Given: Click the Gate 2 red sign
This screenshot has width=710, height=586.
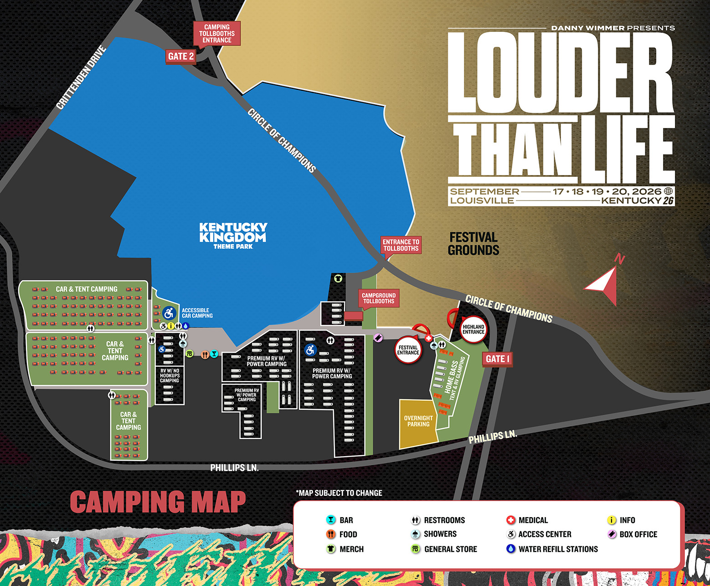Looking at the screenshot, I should tap(181, 57).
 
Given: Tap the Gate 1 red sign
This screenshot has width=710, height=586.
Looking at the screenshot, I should tap(498, 359).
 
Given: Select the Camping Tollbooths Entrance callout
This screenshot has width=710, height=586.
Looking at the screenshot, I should tap(217, 33).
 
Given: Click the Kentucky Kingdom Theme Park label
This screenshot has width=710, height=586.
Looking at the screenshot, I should tap(233, 235).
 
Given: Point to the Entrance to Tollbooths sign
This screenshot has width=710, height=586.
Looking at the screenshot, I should tap(401, 245).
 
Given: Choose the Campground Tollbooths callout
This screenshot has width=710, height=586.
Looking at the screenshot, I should tap(379, 298).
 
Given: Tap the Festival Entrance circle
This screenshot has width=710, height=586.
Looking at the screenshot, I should tap(408, 350).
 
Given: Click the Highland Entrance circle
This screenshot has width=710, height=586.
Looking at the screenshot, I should tap(473, 329).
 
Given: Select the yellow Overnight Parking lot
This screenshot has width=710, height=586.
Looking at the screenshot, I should tap(418, 423).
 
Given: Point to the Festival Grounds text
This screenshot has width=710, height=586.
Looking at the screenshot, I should tap(473, 244).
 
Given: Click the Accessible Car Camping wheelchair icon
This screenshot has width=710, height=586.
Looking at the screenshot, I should tap(169, 313).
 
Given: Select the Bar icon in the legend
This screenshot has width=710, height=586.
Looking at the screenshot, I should tap(331, 520).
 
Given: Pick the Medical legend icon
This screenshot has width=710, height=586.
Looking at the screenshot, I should tap(510, 520).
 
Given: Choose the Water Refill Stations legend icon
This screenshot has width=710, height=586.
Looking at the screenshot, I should tap(510, 549).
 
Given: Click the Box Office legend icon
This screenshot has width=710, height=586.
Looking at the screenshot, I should tap(612, 534).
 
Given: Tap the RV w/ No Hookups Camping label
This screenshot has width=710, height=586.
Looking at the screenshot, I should tap(170, 375).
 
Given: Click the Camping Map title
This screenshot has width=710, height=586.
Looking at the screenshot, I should tap(158, 502).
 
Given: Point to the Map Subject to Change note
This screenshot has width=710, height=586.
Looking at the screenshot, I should tap(339, 493).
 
